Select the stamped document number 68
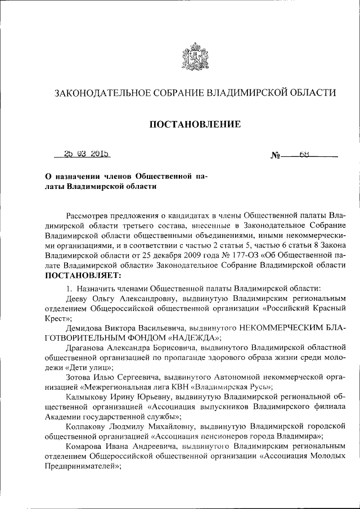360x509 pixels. (305, 152)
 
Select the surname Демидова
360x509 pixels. (86, 327)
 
